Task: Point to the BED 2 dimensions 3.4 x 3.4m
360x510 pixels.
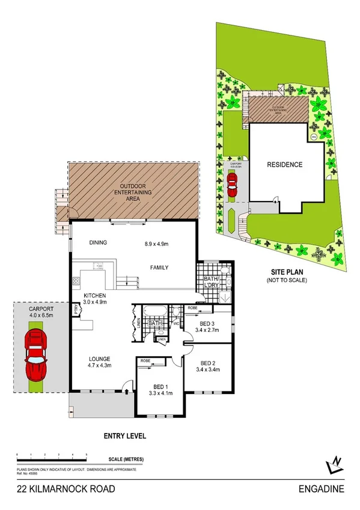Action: pos(209,370)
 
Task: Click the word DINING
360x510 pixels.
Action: pos(97,244)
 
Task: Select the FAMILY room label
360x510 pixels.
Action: pos(159,268)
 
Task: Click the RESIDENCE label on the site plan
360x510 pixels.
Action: pos(285,164)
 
